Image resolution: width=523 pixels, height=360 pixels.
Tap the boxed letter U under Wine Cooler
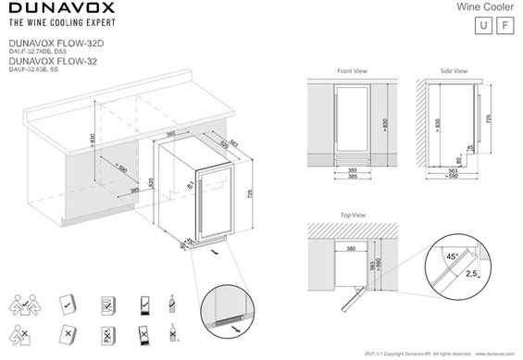pos(479,25)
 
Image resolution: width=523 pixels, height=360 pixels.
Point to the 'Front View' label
pos(352,70)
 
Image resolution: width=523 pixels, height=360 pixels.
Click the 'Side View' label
pos(454,70)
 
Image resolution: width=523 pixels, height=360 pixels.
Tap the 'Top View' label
pos(353,215)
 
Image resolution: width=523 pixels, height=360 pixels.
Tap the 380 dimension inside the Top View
pos(351,249)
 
